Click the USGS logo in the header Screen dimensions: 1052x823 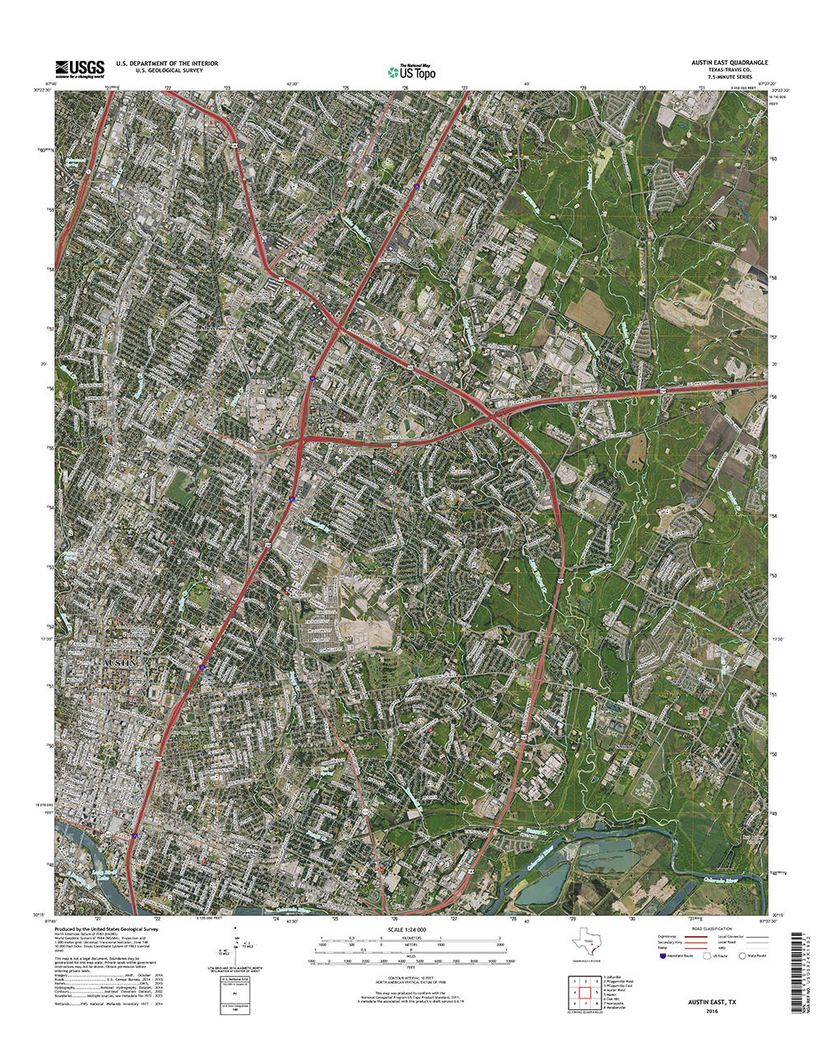click(x=80, y=69)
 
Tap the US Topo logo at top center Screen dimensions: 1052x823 click(x=413, y=72)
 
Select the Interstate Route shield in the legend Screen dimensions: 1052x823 click(x=663, y=957)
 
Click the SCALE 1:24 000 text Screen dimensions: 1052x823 click(x=408, y=929)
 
